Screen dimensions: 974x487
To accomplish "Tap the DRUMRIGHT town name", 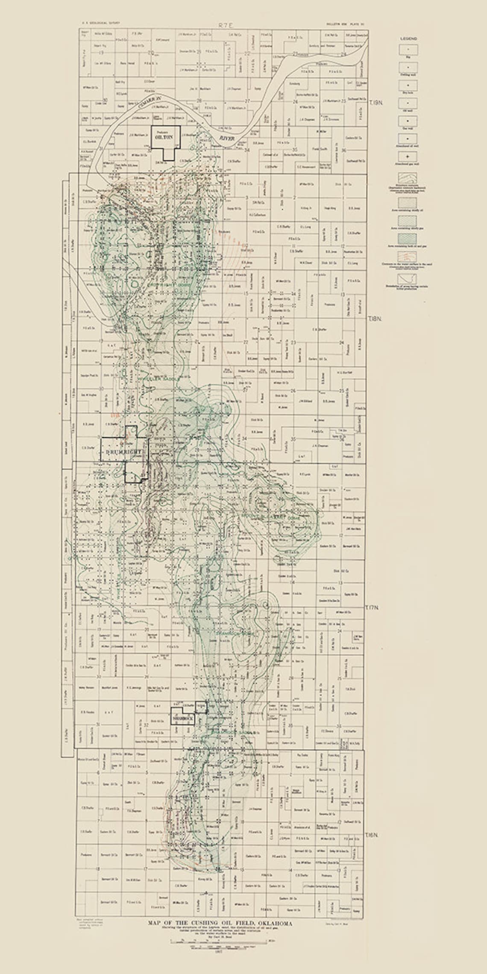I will pyautogui.click(x=123, y=452).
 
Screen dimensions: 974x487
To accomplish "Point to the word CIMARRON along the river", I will pyautogui.click(x=150, y=104).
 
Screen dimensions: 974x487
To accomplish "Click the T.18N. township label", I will pyautogui.click(x=375, y=319).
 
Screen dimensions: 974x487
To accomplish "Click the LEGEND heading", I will pyautogui.click(x=408, y=38).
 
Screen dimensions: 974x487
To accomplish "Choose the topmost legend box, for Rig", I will pyautogui.click(x=408, y=50).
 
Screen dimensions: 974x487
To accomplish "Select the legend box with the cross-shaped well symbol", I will pyautogui.click(x=408, y=157).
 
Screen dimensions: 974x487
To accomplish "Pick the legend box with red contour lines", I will pyautogui.click(x=408, y=256).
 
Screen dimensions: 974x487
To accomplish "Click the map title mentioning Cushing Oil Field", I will pyautogui.click(x=220, y=923).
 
